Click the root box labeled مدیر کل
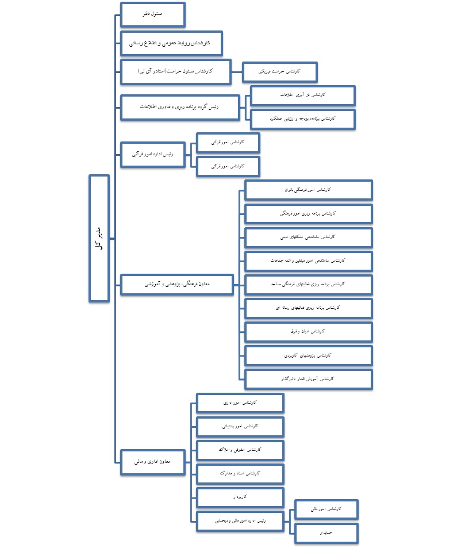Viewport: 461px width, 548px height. click(x=99, y=237)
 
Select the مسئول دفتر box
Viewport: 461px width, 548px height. click(x=152, y=14)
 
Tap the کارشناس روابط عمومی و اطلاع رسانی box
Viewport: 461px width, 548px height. click(x=171, y=43)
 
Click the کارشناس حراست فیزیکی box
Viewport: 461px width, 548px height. click(x=280, y=72)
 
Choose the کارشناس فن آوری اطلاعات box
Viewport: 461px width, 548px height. click(x=303, y=95)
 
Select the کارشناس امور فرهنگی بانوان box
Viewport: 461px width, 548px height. click(x=308, y=190)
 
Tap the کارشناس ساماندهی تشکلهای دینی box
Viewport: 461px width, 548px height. click(x=308, y=237)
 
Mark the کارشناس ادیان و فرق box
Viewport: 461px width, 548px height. click(x=308, y=332)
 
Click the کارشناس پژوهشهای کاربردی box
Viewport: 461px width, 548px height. click(x=308, y=355)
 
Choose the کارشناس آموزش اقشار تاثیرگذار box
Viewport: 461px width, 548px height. click(x=308, y=379)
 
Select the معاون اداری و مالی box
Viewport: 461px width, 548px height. click(x=153, y=462)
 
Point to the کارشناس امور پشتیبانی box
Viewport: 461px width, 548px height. click(x=240, y=426)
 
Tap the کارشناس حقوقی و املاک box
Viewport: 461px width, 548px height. click(x=240, y=450)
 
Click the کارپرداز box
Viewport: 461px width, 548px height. click(x=240, y=496)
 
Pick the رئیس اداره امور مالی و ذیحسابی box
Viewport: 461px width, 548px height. click(x=240, y=520)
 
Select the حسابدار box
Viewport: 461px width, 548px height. click(x=326, y=533)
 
